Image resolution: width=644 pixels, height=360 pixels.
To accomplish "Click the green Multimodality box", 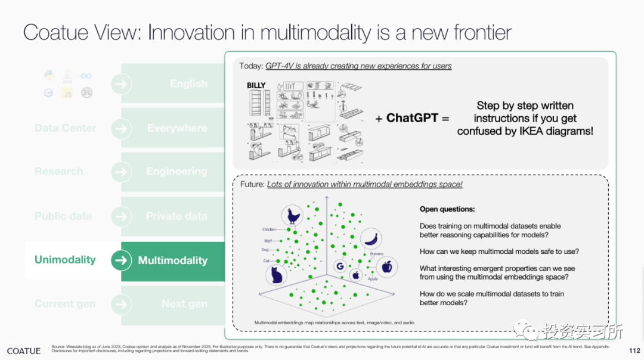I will [173, 260].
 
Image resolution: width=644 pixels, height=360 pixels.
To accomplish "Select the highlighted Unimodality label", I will [65, 260].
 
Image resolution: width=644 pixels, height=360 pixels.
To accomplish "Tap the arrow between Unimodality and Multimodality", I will [121, 260].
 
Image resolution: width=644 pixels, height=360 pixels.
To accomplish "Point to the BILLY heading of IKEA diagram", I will [256, 86].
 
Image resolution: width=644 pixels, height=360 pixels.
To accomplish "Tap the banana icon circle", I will [371, 238].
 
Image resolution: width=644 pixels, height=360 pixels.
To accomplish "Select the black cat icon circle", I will [275, 275].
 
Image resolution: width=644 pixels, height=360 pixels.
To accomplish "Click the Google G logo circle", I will [341, 268].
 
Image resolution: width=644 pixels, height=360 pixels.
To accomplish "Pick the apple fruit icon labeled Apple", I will [386, 266].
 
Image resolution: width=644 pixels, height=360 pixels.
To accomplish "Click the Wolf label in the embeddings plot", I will [268, 241].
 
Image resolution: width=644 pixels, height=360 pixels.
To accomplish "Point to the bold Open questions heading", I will [447, 210].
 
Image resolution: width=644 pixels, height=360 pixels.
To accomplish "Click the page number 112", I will [634, 350].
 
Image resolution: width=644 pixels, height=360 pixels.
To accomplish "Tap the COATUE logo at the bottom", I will [24, 350].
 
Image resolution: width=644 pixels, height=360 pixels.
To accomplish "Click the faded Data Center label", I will [65, 128].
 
